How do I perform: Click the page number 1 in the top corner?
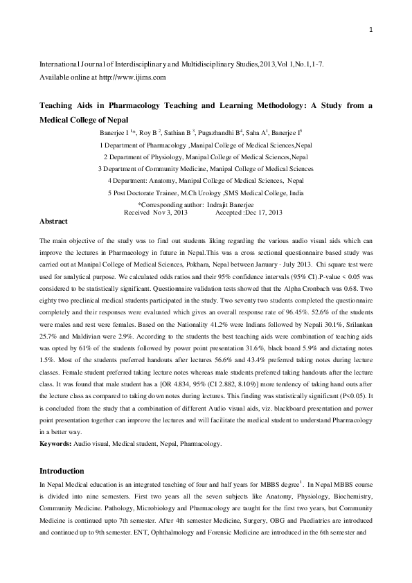pos(371,29)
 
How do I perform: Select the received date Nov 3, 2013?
pos(170,212)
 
